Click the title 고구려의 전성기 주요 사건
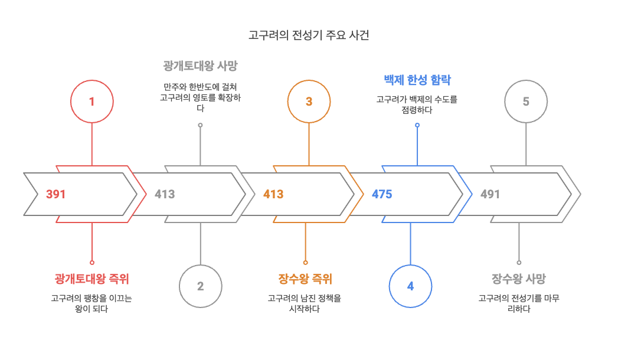pyautogui.click(x=309, y=35)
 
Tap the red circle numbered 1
pyautogui.click(x=91, y=102)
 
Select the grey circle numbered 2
pyautogui.click(x=200, y=286)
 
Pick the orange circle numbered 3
pyautogui.click(x=309, y=102)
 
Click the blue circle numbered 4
pyautogui.click(x=410, y=286)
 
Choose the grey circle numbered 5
pyautogui.click(x=526, y=102)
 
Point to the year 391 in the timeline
pyautogui.click(x=55, y=194)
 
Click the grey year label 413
pyautogui.click(x=165, y=194)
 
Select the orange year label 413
pyautogui.click(x=273, y=194)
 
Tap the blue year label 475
pyautogui.click(x=382, y=194)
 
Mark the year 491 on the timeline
pyautogui.click(x=490, y=194)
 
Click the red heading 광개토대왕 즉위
pyautogui.click(x=91, y=279)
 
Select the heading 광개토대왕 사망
pyautogui.click(x=200, y=66)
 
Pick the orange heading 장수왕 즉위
pyautogui.click(x=305, y=279)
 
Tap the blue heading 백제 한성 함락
pyautogui.click(x=417, y=80)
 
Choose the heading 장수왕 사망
pyautogui.click(x=519, y=279)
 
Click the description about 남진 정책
pyautogui.click(x=305, y=303)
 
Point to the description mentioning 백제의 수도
pyautogui.click(x=417, y=104)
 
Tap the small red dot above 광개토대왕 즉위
pyautogui.click(x=91, y=262)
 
